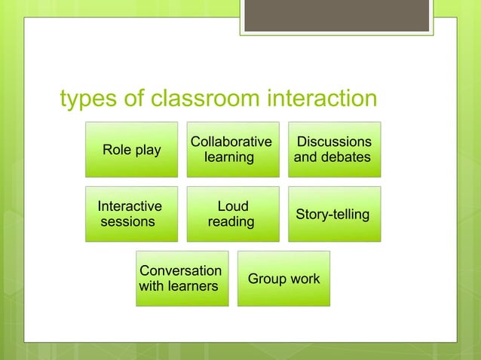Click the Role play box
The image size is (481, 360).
click(131, 150)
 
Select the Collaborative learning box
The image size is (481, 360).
click(233, 150)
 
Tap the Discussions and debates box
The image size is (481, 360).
click(333, 150)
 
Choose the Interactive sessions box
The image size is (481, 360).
click(131, 214)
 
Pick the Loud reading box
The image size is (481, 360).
click(233, 214)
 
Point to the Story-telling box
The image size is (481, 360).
click(333, 214)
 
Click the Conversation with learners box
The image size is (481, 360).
click(182, 279)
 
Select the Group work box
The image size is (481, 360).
click(283, 279)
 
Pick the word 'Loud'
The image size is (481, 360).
click(232, 206)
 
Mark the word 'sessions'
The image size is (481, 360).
click(127, 222)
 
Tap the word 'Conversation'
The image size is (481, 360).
click(181, 270)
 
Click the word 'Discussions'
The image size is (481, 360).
click(334, 142)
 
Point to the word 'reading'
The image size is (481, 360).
click(231, 222)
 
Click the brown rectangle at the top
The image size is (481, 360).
click(335, 16)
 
